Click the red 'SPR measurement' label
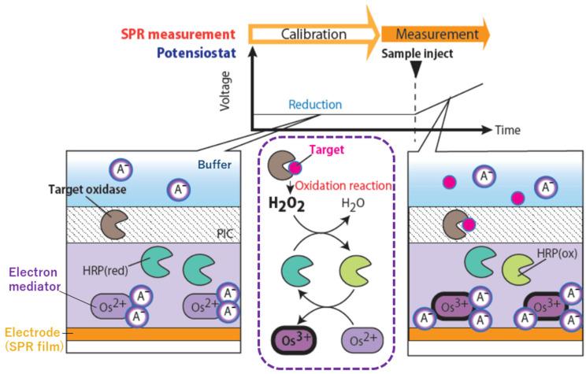pyautogui.click(x=178, y=35)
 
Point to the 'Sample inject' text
pyautogui.click(x=415, y=54)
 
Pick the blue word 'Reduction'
pyautogui.click(x=315, y=105)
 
